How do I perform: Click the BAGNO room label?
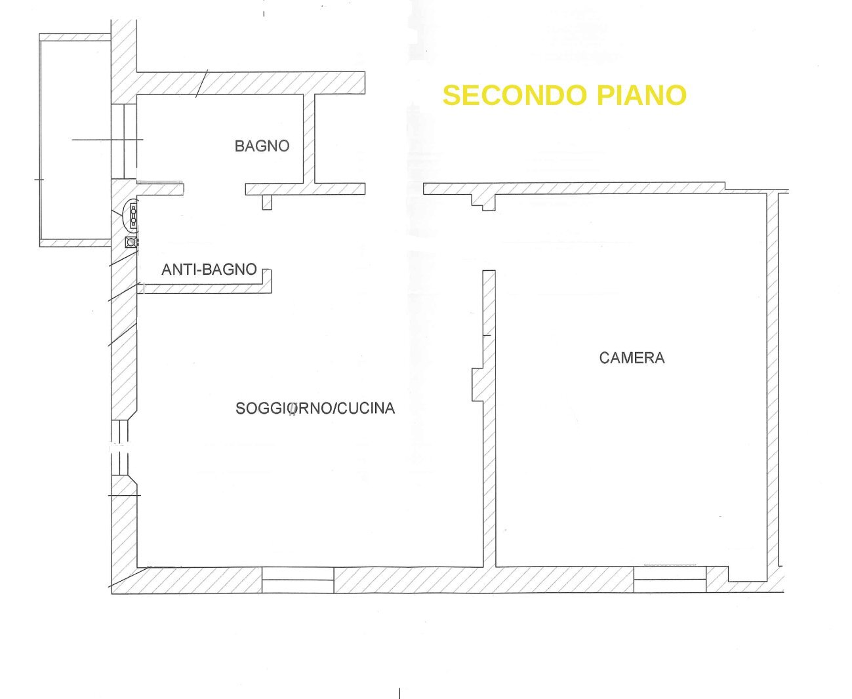[262, 146]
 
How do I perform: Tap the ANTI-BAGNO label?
[209, 270]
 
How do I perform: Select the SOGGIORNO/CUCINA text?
[315, 409]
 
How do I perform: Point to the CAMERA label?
[632, 358]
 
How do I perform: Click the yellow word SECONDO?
[515, 95]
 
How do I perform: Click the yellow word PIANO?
[641, 95]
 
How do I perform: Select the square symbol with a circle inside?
[131, 242]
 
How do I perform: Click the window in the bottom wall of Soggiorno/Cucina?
[298, 580]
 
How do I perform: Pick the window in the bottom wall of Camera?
[670, 580]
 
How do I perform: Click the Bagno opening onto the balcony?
[124, 142]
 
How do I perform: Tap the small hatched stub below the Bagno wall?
[267, 203]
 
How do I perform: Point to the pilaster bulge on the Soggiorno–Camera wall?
[477, 384]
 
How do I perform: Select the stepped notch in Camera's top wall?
[483, 202]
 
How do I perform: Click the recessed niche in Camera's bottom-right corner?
[747, 574]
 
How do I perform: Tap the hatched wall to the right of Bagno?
[309, 138]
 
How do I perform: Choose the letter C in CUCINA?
[342, 409]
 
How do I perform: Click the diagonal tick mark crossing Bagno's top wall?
[201, 83]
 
